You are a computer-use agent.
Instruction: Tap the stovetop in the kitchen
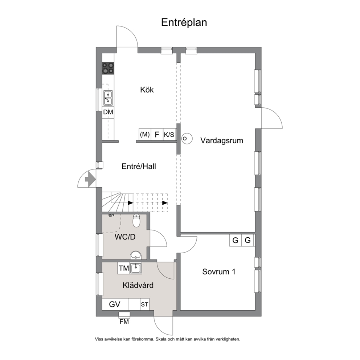point(108,68)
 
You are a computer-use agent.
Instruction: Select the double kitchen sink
point(108,98)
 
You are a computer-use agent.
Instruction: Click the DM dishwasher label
point(108,112)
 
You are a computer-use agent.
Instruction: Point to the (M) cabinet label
point(145,134)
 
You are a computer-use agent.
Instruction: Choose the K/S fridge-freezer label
point(169,135)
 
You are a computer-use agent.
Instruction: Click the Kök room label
point(147,90)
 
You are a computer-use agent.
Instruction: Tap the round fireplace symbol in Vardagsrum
point(187,138)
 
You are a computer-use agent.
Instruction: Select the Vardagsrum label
point(222,140)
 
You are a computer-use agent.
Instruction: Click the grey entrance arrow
point(90,179)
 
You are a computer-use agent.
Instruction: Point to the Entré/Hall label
point(139,166)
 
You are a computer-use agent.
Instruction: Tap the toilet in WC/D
point(136,220)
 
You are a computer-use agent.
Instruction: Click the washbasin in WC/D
point(136,255)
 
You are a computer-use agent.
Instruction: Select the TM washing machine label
point(124,268)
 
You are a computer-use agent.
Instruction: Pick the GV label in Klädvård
point(115,304)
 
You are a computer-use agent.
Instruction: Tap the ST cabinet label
point(144,304)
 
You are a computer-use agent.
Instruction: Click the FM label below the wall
point(124,322)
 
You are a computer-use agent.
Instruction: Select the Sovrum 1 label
point(219,271)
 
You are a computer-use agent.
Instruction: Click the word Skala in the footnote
point(161,339)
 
